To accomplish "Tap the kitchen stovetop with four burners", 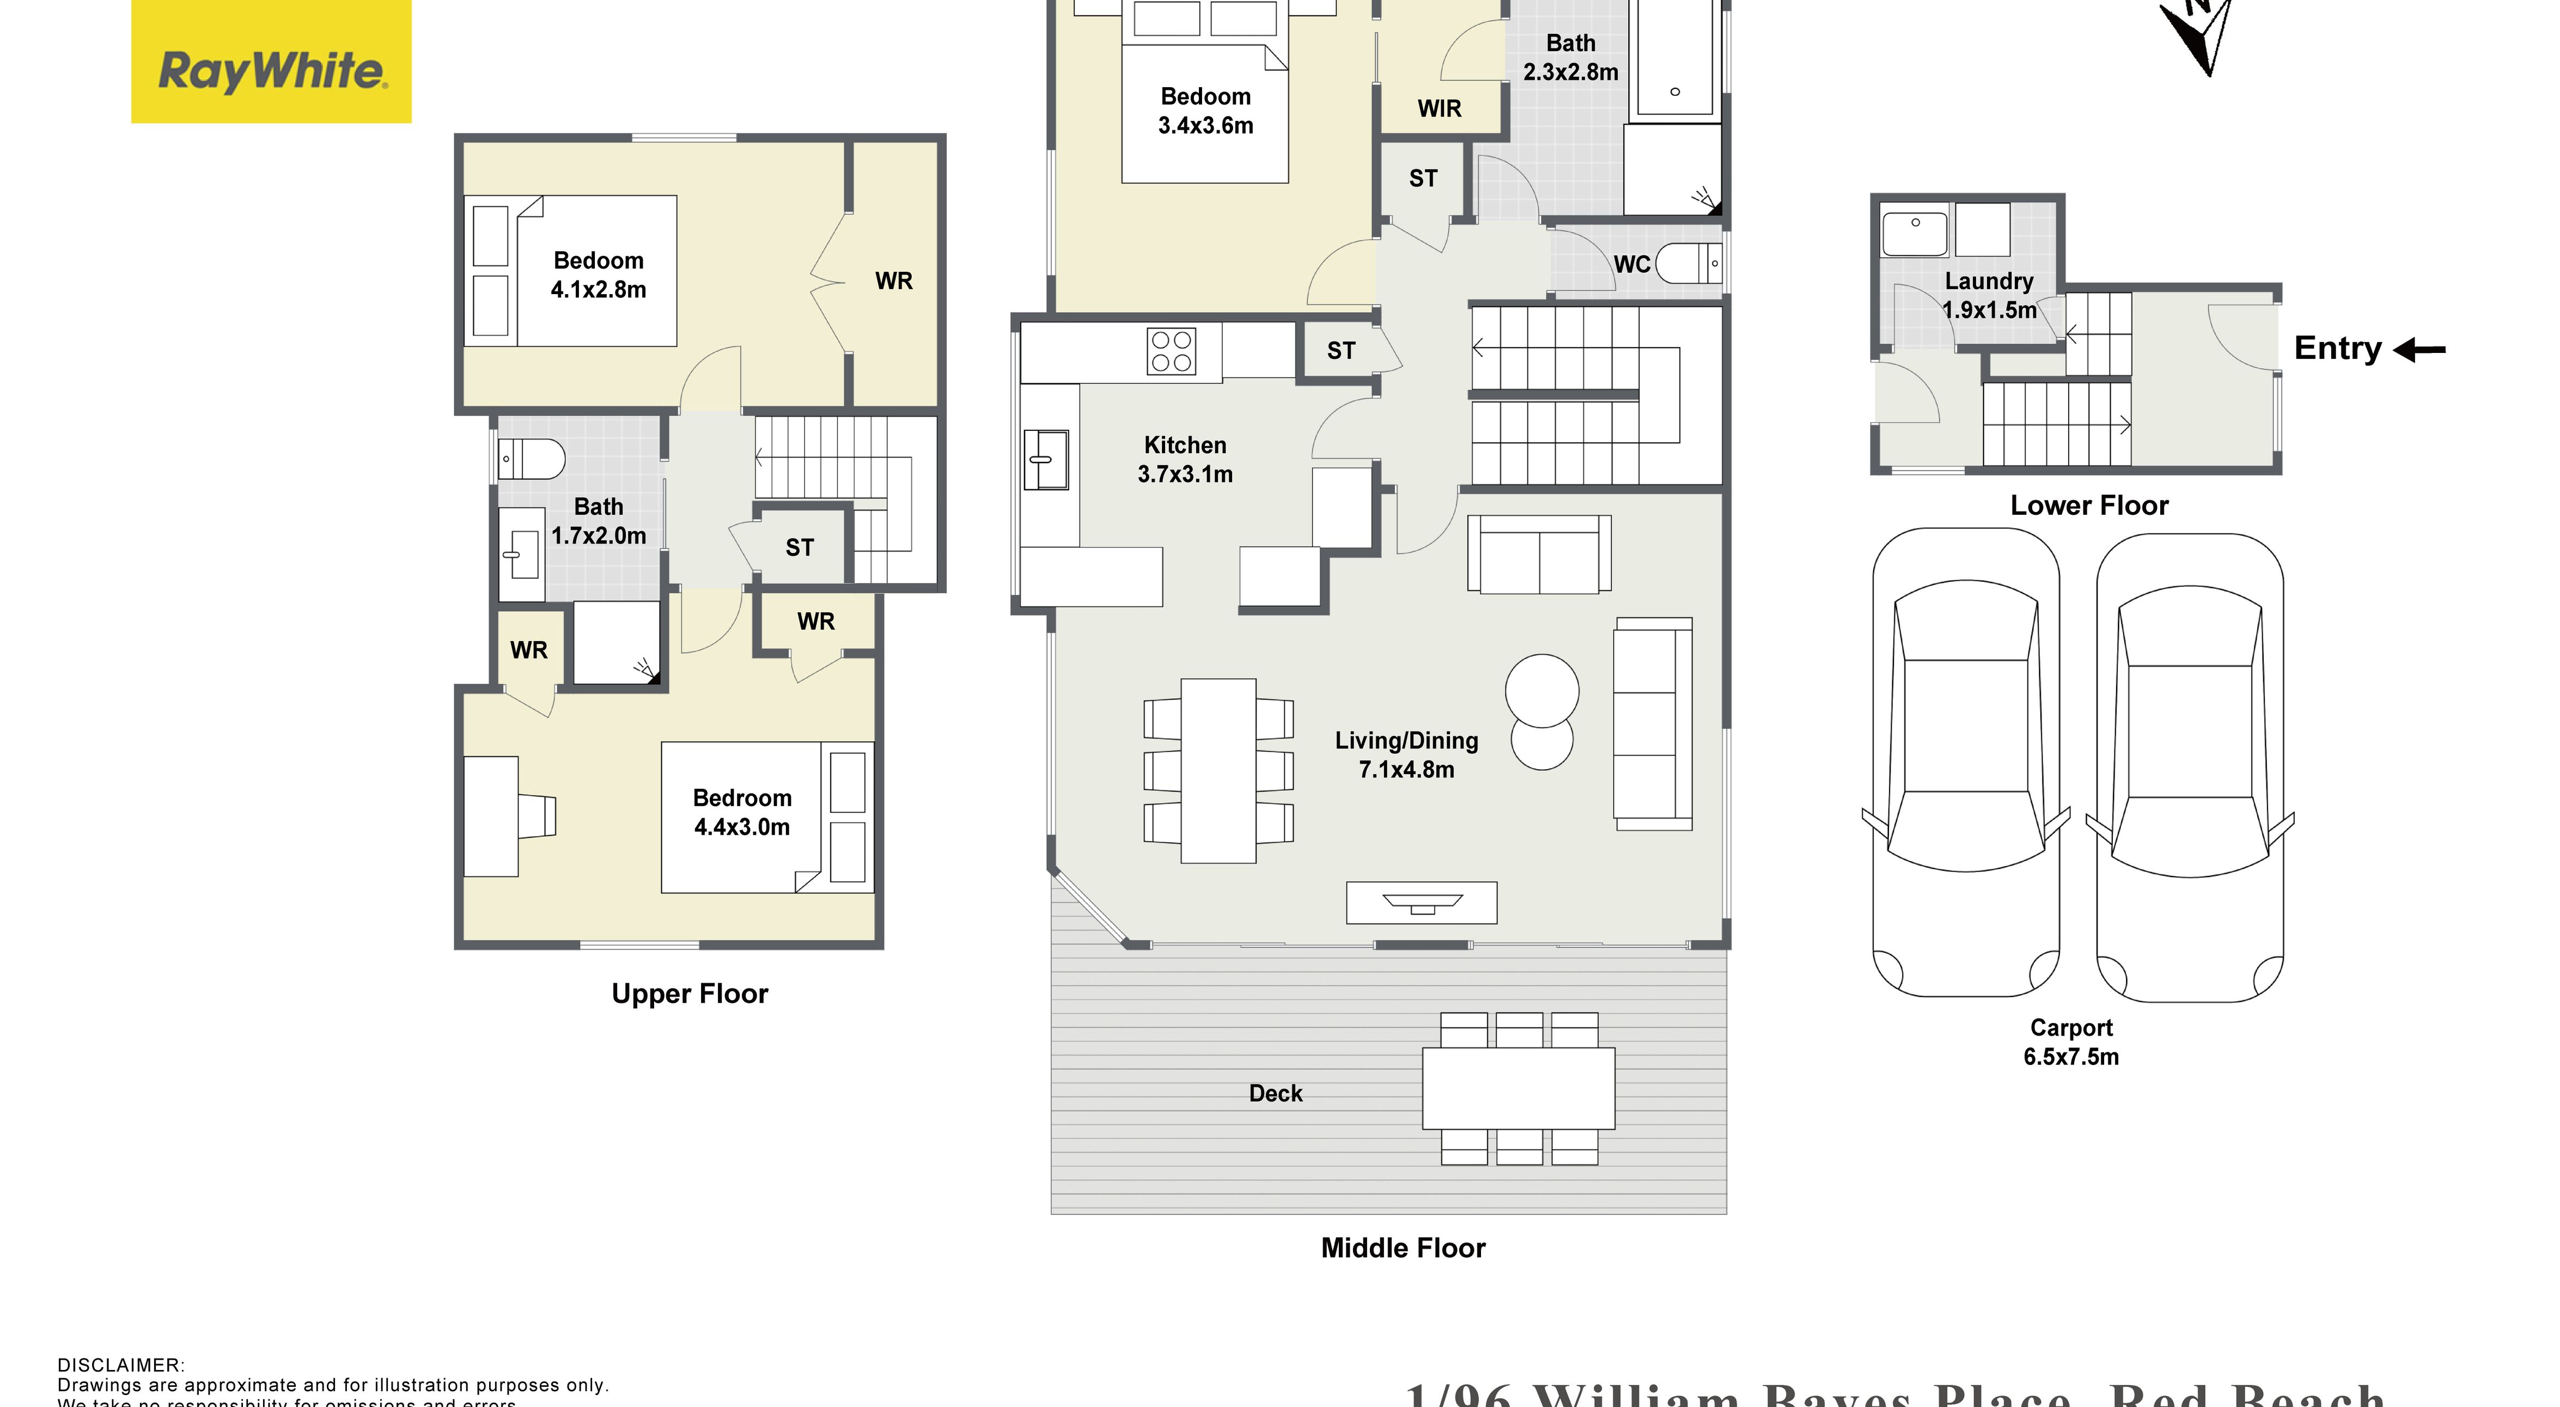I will click(x=1171, y=351).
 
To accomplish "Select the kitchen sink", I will click(x=1045, y=459).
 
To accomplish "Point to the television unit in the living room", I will click(x=1421, y=902).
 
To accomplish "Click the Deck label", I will click(x=1275, y=1093).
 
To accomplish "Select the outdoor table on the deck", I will click(x=1517, y=1088).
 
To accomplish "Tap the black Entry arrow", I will click(x=2420, y=350).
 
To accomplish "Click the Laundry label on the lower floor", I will click(x=1989, y=281).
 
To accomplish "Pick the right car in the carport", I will click(x=2189, y=767).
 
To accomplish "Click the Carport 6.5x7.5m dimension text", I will click(x=2071, y=1056).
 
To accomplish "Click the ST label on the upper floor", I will click(x=799, y=547).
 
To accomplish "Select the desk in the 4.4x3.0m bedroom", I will click(x=491, y=816).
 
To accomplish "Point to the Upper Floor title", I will click(x=690, y=994).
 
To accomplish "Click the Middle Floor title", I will click(x=1402, y=1248).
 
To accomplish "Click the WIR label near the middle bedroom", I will click(x=1439, y=108).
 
